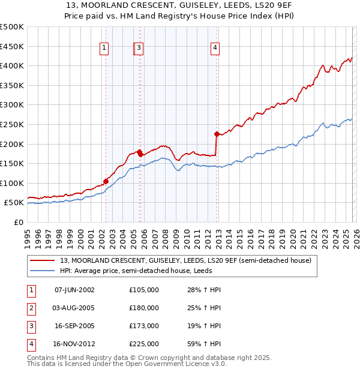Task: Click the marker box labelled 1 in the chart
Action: click(x=104, y=49)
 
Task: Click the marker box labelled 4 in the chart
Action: click(x=214, y=49)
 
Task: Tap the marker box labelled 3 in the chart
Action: click(x=139, y=49)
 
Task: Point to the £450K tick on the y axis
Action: click(x=12, y=46)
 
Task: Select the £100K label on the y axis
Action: click(x=12, y=183)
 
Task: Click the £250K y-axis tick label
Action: click(x=12, y=124)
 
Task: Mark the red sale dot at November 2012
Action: click(x=217, y=134)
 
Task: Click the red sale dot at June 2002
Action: click(x=106, y=181)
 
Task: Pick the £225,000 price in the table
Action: click(x=143, y=344)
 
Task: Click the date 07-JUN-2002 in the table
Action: click(x=74, y=290)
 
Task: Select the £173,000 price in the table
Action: click(x=143, y=326)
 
